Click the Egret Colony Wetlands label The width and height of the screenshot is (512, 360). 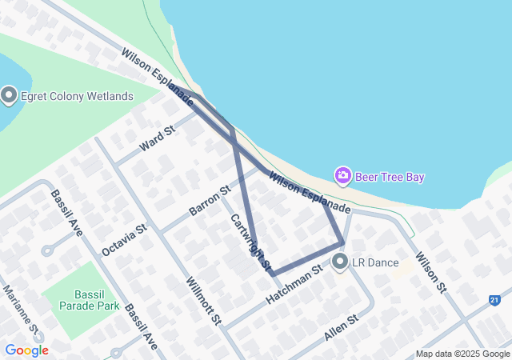(77, 97)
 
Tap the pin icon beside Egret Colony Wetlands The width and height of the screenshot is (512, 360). (10, 96)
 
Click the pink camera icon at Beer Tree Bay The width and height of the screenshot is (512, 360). (343, 175)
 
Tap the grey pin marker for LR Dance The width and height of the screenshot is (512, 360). (341, 262)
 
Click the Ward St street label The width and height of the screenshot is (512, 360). (156, 138)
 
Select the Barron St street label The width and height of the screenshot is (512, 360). (210, 200)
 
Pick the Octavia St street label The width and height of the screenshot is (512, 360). (125, 240)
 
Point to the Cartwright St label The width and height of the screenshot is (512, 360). (251, 241)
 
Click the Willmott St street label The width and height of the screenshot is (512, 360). (202, 301)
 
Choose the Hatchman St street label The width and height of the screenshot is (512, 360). (294, 284)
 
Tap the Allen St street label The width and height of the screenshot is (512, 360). (342, 328)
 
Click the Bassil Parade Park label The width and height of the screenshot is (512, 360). (80, 299)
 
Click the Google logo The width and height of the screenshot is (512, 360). (26, 350)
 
